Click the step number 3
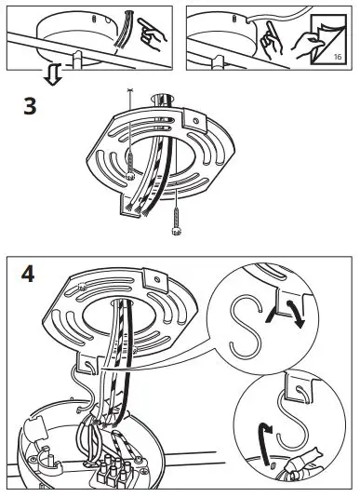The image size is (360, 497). pyautogui.click(x=31, y=106)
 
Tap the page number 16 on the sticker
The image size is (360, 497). pyautogui.click(x=337, y=58)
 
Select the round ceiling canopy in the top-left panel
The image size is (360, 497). pyautogui.click(x=70, y=37)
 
